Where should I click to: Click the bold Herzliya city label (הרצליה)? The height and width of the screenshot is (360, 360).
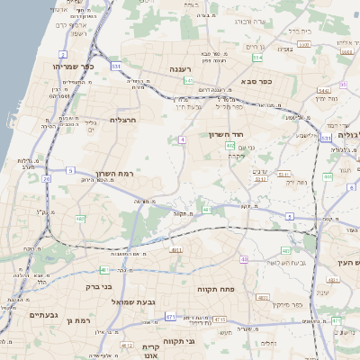121,120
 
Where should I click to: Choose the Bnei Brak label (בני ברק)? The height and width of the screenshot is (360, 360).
101,287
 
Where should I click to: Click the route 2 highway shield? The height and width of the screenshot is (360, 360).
63,55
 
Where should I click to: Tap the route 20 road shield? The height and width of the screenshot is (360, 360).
46,178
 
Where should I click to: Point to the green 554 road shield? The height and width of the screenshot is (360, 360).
257,58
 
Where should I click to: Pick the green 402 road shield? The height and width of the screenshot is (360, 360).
230,145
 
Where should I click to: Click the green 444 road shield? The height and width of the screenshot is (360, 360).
328,176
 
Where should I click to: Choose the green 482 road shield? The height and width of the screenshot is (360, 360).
80,219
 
